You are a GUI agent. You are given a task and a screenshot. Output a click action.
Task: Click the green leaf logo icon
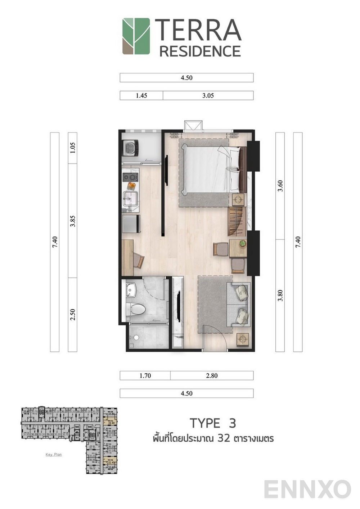[x=136, y=36]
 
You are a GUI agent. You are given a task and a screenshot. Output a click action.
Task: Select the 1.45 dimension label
[x=141, y=96]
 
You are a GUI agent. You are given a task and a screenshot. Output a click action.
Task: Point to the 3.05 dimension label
[x=208, y=96]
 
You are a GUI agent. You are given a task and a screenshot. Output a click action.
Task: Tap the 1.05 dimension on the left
[x=73, y=148]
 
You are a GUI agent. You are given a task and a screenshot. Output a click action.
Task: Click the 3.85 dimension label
[x=73, y=221]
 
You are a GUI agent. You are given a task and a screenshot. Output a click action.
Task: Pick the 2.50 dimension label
[x=73, y=315]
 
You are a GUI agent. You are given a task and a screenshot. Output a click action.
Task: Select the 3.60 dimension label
[x=280, y=186]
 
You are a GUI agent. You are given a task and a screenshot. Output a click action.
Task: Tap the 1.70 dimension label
[x=145, y=376]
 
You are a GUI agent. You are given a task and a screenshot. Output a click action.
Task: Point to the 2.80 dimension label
[x=212, y=376]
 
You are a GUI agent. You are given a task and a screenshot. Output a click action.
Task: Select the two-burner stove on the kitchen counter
[x=130, y=177]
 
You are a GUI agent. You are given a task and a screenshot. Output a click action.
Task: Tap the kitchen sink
[x=130, y=198]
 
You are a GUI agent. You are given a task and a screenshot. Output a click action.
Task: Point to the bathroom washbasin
[x=131, y=290]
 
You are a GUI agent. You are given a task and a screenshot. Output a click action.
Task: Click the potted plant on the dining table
[x=243, y=243]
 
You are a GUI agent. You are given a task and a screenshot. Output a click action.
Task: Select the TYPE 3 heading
[x=213, y=423]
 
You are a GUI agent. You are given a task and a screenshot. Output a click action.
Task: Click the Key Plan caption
[x=54, y=455]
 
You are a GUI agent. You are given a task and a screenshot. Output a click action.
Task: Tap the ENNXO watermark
[x=307, y=489]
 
